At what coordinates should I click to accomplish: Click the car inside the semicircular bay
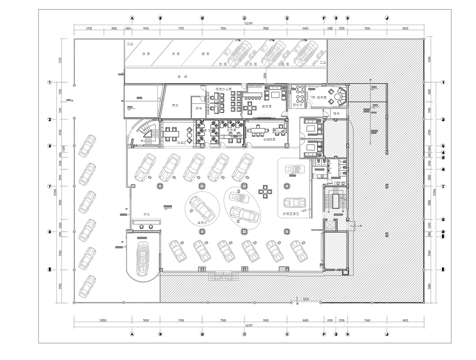click(143, 258)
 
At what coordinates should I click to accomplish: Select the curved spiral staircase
click(144, 130)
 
